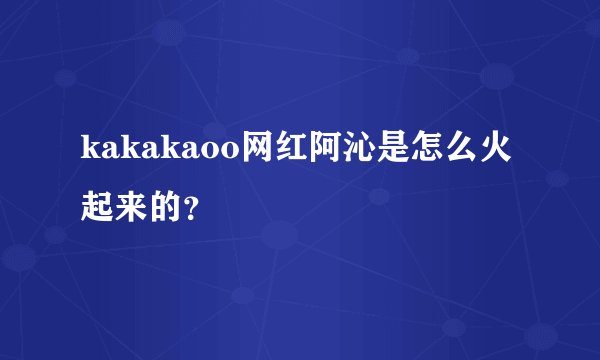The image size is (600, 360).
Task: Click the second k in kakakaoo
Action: [x=131, y=149]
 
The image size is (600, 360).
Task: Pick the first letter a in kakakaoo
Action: [x=111, y=152]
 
